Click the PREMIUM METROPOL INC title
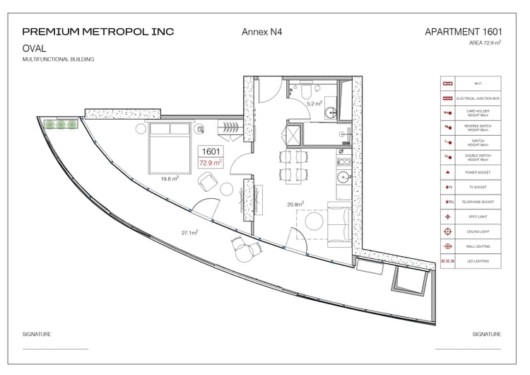tap(98, 32)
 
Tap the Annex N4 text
tap(262, 32)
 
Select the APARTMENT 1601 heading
tap(463, 32)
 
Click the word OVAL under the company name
tap(35, 48)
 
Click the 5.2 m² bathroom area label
tap(314, 104)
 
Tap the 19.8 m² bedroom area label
tap(169, 179)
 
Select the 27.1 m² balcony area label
tap(189, 232)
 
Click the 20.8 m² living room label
tap(295, 204)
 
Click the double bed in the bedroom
tap(170, 147)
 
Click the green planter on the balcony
tap(61, 125)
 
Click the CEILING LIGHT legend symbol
tap(447, 231)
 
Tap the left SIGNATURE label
tap(36, 334)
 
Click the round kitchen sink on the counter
tap(342, 178)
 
